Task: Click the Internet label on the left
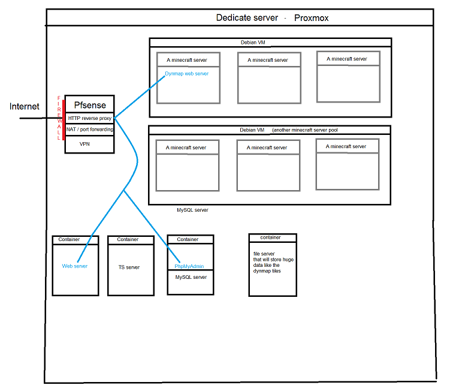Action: coord(25,107)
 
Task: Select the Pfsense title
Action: coord(89,105)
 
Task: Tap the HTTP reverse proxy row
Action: coord(89,118)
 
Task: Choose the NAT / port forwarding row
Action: coord(89,130)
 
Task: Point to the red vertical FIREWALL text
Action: coord(59,118)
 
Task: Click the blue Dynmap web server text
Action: coord(187,74)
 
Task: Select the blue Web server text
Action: coord(75,266)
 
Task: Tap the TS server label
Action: coord(129,267)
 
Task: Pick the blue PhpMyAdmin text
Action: coord(190,266)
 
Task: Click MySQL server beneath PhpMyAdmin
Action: coord(191,278)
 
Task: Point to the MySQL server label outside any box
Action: coord(192,210)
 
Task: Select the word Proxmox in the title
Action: coord(311,18)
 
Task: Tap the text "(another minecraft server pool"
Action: coord(309,130)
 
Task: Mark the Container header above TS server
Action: coord(128,239)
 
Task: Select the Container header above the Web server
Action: coord(69,239)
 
